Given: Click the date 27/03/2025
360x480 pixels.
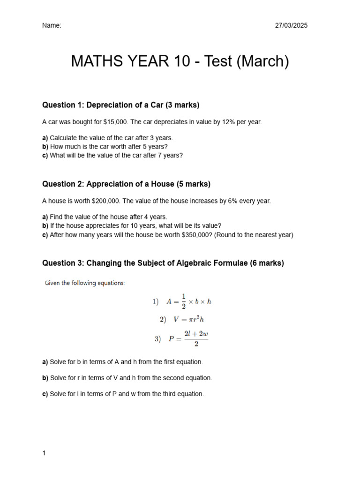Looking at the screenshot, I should (291, 25).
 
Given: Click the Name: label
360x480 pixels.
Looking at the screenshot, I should (52, 25).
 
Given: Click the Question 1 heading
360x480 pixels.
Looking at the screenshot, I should (121, 105).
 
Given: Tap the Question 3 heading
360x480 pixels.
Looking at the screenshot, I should (163, 263).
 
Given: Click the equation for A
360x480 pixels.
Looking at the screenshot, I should (188, 301).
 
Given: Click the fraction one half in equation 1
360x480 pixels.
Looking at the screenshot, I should (184, 301).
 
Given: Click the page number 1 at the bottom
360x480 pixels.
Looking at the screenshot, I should (44, 453).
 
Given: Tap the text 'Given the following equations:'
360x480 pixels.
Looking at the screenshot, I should (85, 283).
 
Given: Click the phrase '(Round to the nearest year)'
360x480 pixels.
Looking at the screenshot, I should (254, 235).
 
